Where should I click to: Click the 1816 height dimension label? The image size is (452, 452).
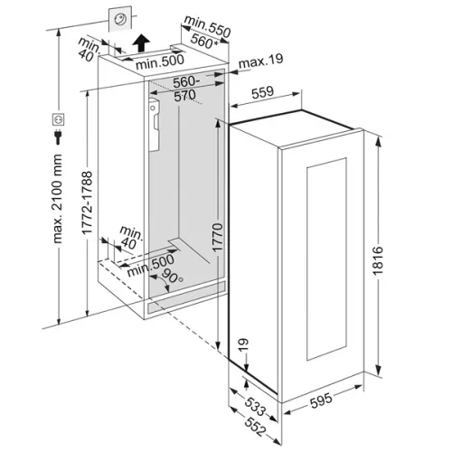point(378,260)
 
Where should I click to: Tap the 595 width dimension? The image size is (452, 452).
point(321,400)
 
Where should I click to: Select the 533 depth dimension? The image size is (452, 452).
point(255,406)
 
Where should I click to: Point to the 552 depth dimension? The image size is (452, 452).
point(255,427)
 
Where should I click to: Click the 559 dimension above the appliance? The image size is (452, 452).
point(263,92)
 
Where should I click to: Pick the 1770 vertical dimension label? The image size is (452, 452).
point(217,238)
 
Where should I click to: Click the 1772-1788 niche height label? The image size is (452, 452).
point(87,202)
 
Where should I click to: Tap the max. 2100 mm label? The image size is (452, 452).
point(57,199)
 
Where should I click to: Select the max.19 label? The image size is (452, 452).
point(260,61)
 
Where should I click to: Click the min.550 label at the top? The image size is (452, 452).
point(207,26)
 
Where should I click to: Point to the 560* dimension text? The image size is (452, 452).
point(204,41)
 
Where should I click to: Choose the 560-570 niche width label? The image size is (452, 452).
point(185,89)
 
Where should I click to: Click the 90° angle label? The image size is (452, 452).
point(173,276)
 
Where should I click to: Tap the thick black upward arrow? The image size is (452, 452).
point(141,42)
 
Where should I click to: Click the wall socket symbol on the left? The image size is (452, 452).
point(58,119)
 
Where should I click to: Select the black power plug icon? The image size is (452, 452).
point(58,137)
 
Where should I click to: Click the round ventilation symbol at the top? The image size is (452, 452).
point(120,19)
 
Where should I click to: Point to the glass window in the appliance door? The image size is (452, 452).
point(326,259)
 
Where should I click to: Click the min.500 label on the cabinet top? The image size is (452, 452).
point(160,61)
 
